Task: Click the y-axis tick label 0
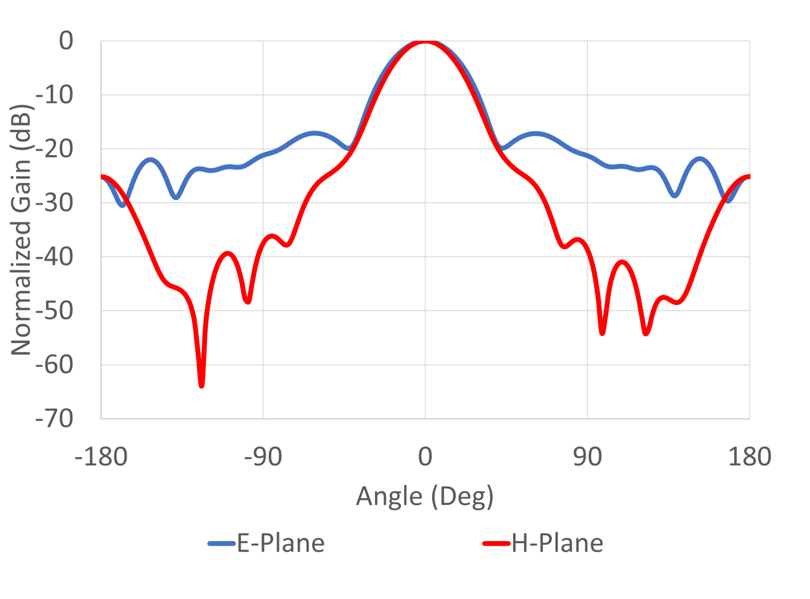(66, 41)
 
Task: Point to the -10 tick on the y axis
(54, 95)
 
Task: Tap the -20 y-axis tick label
(54, 149)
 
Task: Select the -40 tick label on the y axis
(54, 257)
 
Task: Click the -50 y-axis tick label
(54, 311)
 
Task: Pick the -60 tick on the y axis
(54, 365)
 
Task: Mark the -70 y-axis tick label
(54, 419)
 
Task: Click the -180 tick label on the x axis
(101, 457)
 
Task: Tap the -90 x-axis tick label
(263, 457)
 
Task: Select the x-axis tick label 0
(425, 457)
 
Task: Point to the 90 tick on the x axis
(587, 457)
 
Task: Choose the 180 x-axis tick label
(749, 457)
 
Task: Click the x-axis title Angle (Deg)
(425, 497)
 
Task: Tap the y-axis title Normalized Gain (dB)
(21, 230)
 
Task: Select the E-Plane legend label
(281, 543)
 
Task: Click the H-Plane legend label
(557, 543)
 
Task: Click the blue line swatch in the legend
(222, 544)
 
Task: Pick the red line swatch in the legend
(496, 544)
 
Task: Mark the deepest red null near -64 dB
(202, 385)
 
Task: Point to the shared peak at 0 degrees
(425, 41)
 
